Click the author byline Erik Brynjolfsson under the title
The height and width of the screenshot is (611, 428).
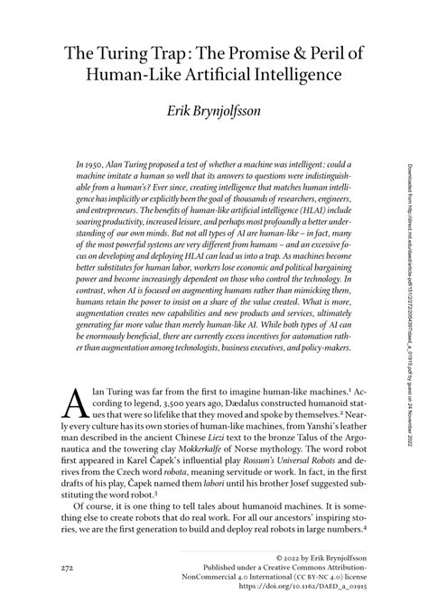(213, 113)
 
